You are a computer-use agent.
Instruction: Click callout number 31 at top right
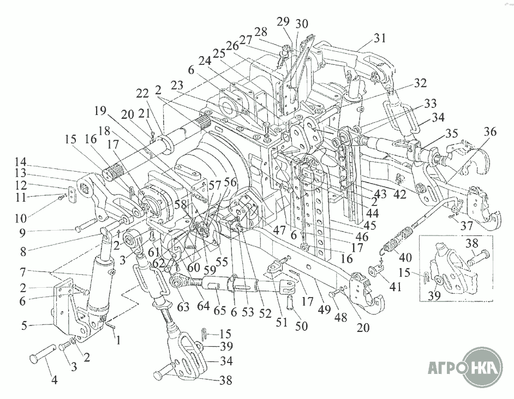380,38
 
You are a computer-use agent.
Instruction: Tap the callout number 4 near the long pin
54,380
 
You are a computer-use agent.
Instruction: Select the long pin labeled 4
44,360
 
